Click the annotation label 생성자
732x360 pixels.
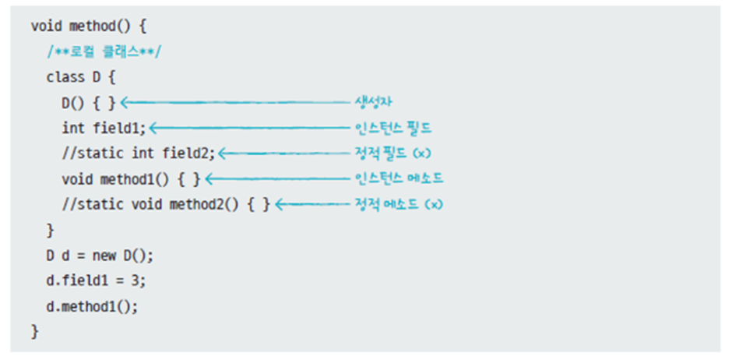(x=373, y=102)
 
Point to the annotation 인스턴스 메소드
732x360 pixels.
(x=398, y=179)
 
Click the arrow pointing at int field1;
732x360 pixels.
(x=249, y=128)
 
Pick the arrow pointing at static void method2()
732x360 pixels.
(x=311, y=205)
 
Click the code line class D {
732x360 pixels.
(x=80, y=76)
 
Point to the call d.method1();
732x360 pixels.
(x=92, y=307)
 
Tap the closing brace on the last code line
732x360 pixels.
(x=34, y=332)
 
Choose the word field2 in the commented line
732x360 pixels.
(x=192, y=154)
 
